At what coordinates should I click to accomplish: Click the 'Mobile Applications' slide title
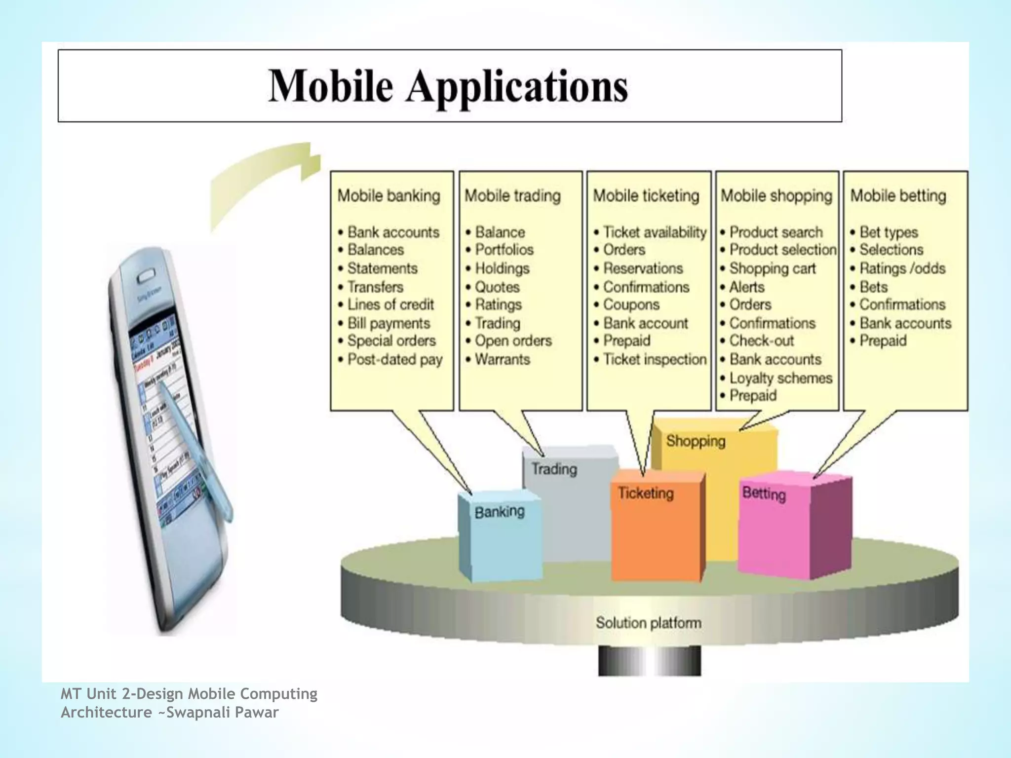(x=448, y=86)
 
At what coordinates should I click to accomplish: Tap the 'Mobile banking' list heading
(x=389, y=196)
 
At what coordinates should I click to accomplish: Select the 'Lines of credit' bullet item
(x=390, y=304)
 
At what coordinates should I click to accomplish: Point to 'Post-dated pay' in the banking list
(x=394, y=359)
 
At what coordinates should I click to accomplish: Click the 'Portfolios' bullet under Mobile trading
(x=504, y=250)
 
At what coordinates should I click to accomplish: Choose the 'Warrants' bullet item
(x=502, y=359)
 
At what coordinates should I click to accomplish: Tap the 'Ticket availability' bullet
(x=655, y=232)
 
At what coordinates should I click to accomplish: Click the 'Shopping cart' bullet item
(x=772, y=268)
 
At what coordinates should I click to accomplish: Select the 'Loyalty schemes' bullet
(x=780, y=378)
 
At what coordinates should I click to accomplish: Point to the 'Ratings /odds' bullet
(x=902, y=268)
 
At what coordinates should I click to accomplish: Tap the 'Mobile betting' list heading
(x=898, y=196)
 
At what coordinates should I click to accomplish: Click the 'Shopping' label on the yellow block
(x=696, y=441)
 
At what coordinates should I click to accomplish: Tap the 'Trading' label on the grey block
(x=554, y=468)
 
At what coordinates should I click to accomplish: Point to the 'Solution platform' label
(x=648, y=623)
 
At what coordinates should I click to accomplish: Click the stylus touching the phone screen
(x=197, y=444)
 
